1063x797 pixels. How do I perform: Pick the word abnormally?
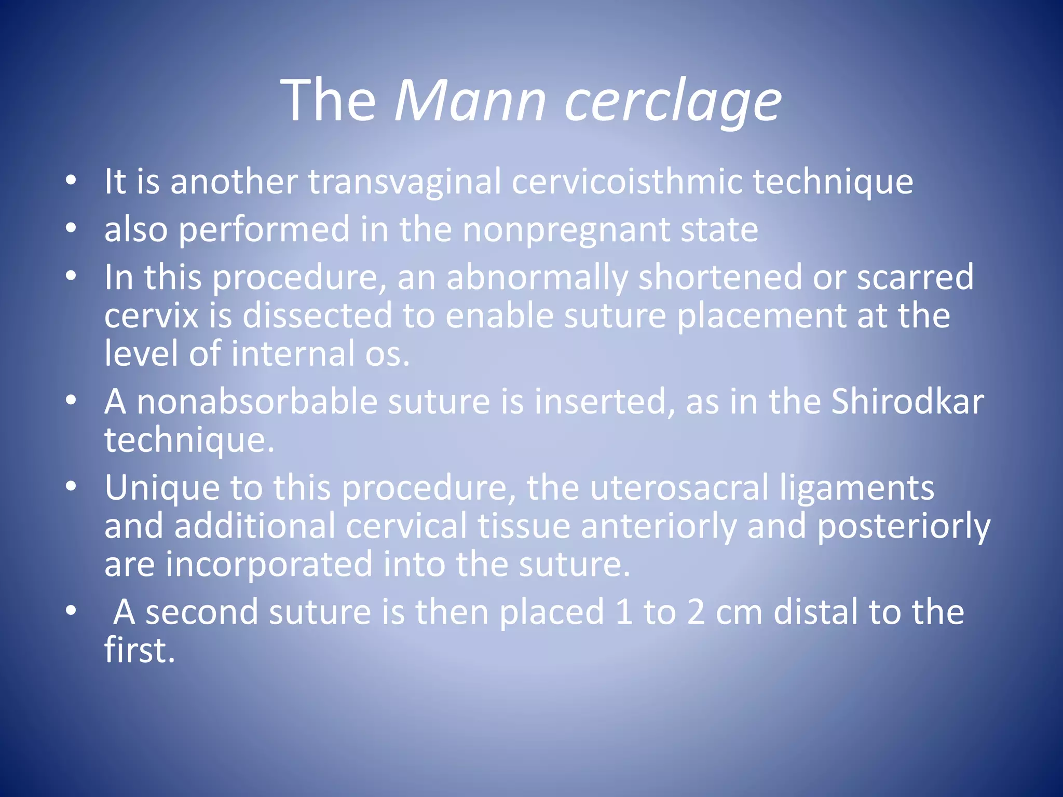[537, 278]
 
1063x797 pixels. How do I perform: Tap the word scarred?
[915, 278]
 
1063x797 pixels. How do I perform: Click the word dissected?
[317, 316]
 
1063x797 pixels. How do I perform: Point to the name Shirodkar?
[907, 402]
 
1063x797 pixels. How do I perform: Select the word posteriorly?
[904, 527]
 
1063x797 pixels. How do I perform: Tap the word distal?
[815, 612]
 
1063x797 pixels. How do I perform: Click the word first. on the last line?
[140, 651]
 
